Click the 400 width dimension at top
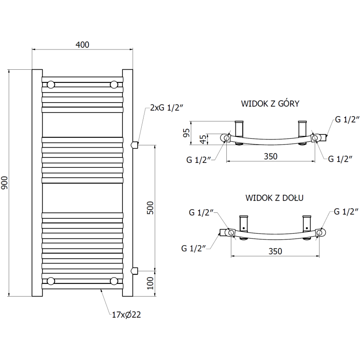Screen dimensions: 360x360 83,45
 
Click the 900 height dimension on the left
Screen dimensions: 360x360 5,182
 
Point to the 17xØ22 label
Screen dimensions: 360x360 126,315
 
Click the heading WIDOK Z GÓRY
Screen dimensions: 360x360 270,103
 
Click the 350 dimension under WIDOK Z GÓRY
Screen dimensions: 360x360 270,156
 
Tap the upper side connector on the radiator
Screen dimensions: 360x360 133,144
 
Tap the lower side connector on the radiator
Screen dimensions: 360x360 133,270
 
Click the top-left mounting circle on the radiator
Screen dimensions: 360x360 51,84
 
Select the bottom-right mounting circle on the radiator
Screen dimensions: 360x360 114,281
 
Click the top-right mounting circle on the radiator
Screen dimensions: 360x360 114,84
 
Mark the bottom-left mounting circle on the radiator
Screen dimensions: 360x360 51,281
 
